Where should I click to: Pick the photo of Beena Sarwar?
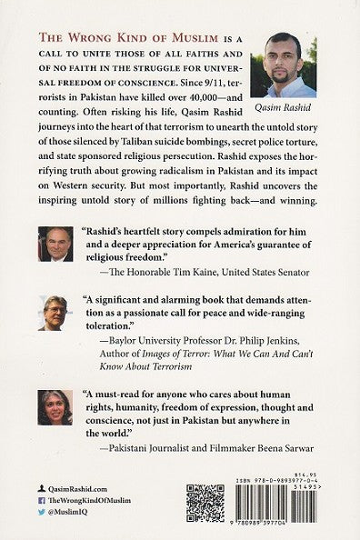pos(55,407)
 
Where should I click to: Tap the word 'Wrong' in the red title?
pos(85,36)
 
